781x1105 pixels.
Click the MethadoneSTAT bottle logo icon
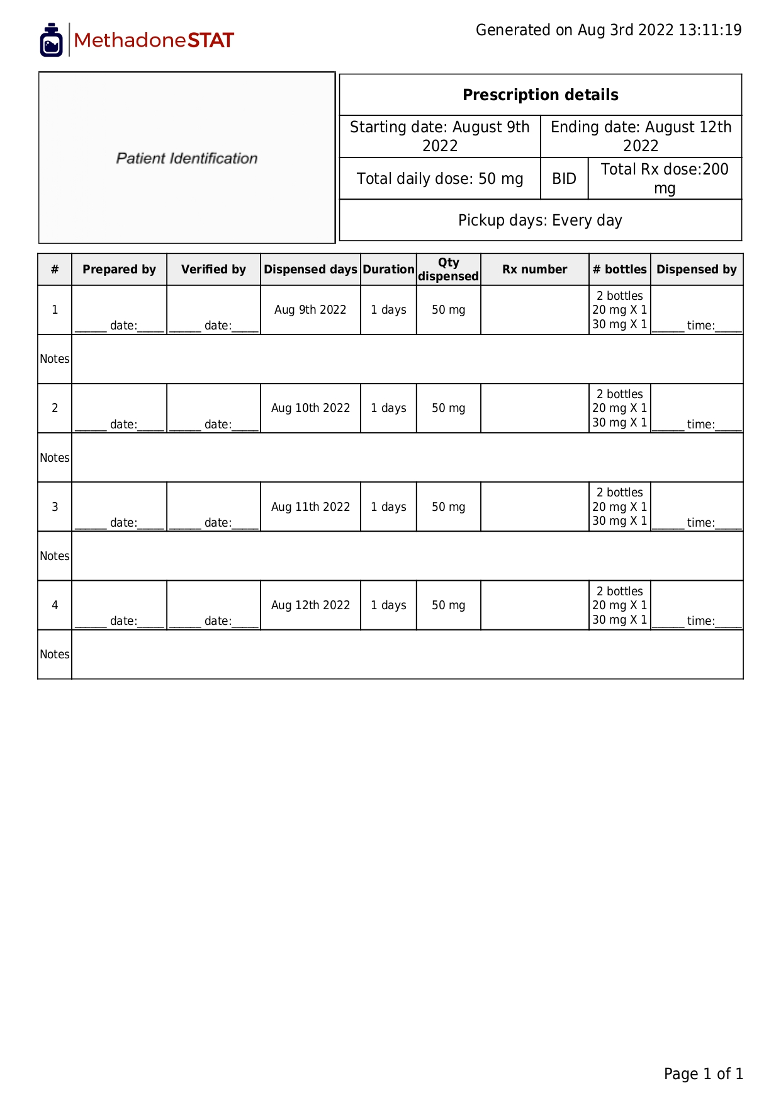tap(51, 40)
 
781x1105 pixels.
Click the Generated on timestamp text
tap(608, 30)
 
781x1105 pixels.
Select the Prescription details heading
tap(540, 95)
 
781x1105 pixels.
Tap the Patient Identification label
tap(187, 158)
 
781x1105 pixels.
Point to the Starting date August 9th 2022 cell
tap(439, 136)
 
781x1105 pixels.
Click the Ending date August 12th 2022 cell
tap(641, 136)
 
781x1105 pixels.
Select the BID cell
tap(564, 179)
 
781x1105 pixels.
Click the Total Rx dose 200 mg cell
tap(665, 178)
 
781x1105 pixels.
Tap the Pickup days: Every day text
tap(540, 220)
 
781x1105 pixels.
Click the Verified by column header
tap(213, 270)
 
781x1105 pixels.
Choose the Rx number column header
tap(534, 270)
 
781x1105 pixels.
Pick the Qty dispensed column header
tap(448, 270)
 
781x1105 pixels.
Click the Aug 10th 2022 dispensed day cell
tap(310, 408)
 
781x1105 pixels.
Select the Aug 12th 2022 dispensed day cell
tap(310, 605)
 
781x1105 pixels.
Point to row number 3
tap(55, 507)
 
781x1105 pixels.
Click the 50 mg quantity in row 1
tap(448, 310)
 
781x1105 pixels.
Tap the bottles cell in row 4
tap(619, 605)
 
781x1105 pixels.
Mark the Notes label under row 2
tap(55, 458)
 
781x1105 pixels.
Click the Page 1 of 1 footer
tap(703, 1074)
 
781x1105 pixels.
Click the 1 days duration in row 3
tap(388, 507)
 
